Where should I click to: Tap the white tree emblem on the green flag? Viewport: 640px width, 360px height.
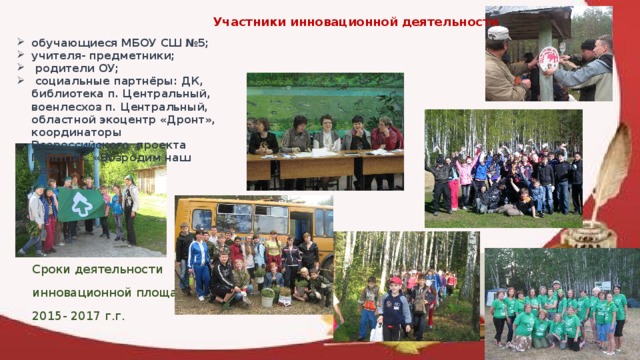(x=81, y=204)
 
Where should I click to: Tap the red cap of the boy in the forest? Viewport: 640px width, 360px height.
(x=396, y=281)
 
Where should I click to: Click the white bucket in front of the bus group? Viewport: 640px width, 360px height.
(x=267, y=297)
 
